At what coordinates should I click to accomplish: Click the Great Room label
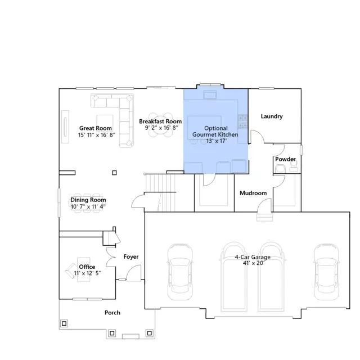96,128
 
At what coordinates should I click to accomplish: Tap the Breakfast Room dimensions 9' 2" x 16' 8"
161,128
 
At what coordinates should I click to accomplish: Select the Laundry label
272,116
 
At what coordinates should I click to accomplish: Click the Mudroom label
253,193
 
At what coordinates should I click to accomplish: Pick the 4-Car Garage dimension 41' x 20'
254,263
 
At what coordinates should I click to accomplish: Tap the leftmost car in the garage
180,272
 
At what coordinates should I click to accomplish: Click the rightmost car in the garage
326,272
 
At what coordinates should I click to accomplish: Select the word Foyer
131,256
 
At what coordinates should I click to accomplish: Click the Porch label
112,313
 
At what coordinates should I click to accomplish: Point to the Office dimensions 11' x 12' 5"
88,273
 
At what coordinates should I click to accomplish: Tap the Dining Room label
88,200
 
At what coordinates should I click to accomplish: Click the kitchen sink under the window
210,94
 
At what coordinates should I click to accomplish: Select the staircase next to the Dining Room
160,192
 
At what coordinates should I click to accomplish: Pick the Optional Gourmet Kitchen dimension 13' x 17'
216,141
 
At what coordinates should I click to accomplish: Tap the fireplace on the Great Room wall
65,127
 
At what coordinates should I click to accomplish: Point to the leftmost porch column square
64,323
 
